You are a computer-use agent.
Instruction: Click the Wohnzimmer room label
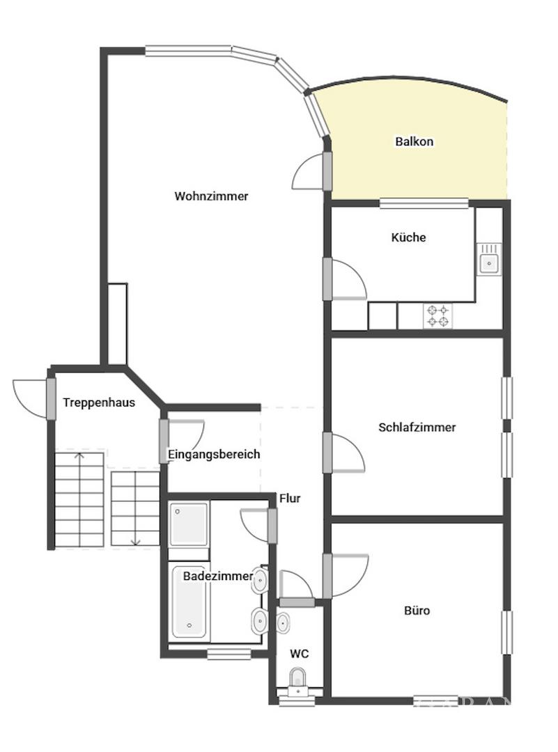pos(211,196)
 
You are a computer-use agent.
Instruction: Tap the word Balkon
pos(414,141)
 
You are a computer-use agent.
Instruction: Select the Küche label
pos(408,237)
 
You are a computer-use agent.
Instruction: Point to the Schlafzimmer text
pos(417,428)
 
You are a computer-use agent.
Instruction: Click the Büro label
pos(417,611)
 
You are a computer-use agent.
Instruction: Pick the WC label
pos(300,654)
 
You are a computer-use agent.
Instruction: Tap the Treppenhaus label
pos(99,403)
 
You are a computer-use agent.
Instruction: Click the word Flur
pos(290,499)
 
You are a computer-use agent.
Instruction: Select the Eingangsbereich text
pos(214,454)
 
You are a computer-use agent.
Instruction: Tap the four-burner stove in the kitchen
pos(437,316)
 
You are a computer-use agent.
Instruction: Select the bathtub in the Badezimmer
pos(189,602)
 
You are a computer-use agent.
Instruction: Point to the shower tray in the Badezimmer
pos(189,524)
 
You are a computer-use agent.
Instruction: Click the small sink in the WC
pos(283,623)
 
